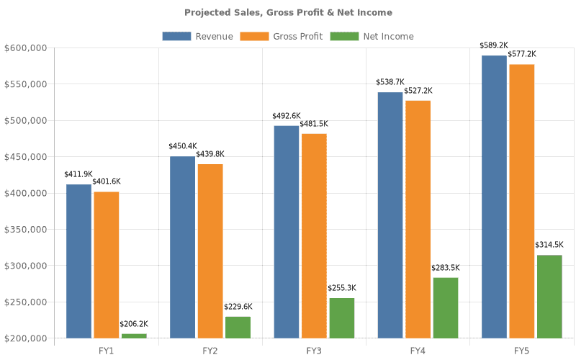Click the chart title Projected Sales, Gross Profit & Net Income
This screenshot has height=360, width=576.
click(288, 12)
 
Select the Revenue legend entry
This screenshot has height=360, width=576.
click(197, 36)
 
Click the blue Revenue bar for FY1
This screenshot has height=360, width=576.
click(78, 261)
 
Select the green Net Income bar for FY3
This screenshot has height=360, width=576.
click(342, 318)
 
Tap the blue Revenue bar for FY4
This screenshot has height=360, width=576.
click(390, 215)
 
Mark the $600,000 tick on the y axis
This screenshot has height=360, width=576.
click(26, 48)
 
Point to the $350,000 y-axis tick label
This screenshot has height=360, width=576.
click(26, 230)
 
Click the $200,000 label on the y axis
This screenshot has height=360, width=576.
click(26, 338)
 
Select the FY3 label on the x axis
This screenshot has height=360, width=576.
click(314, 351)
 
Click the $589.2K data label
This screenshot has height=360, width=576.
click(494, 45)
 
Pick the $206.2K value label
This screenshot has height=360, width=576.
click(134, 324)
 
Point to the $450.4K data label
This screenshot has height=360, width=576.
click(182, 146)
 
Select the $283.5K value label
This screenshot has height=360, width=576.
click(446, 268)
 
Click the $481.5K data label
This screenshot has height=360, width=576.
click(314, 124)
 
